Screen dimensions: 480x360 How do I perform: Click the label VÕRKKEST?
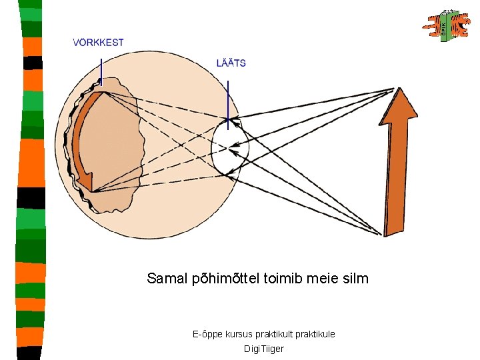(98, 42)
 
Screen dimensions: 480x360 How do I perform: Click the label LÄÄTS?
(231, 63)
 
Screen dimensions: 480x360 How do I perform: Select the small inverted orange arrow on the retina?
(83, 147)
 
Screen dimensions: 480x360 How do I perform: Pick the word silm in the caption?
(354, 279)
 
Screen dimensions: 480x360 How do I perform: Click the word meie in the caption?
(323, 279)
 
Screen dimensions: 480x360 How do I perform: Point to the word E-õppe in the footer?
(205, 333)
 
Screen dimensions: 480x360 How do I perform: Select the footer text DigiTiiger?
(264, 349)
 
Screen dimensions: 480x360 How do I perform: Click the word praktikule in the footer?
(315, 333)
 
